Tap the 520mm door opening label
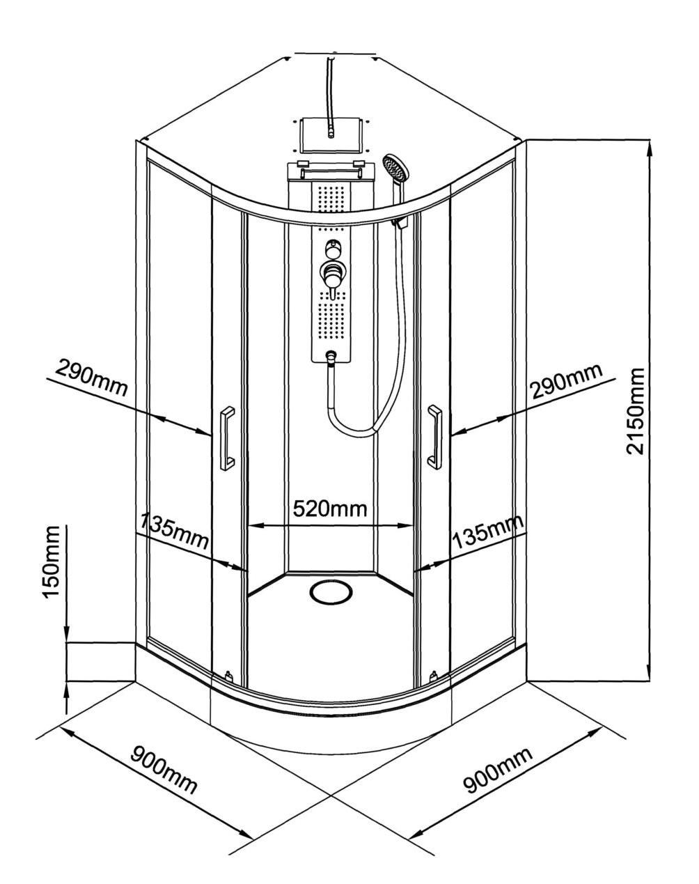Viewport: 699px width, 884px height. coord(330,509)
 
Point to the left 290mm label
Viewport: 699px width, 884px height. coord(91,377)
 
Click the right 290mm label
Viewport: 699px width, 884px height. coord(567,381)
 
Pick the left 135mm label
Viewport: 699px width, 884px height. coord(173,531)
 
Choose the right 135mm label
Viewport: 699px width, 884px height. coord(488,532)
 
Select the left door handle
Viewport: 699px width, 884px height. coord(227,438)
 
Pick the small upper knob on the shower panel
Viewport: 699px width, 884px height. coord(331,248)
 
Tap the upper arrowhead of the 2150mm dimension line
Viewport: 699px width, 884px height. coord(650,148)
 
